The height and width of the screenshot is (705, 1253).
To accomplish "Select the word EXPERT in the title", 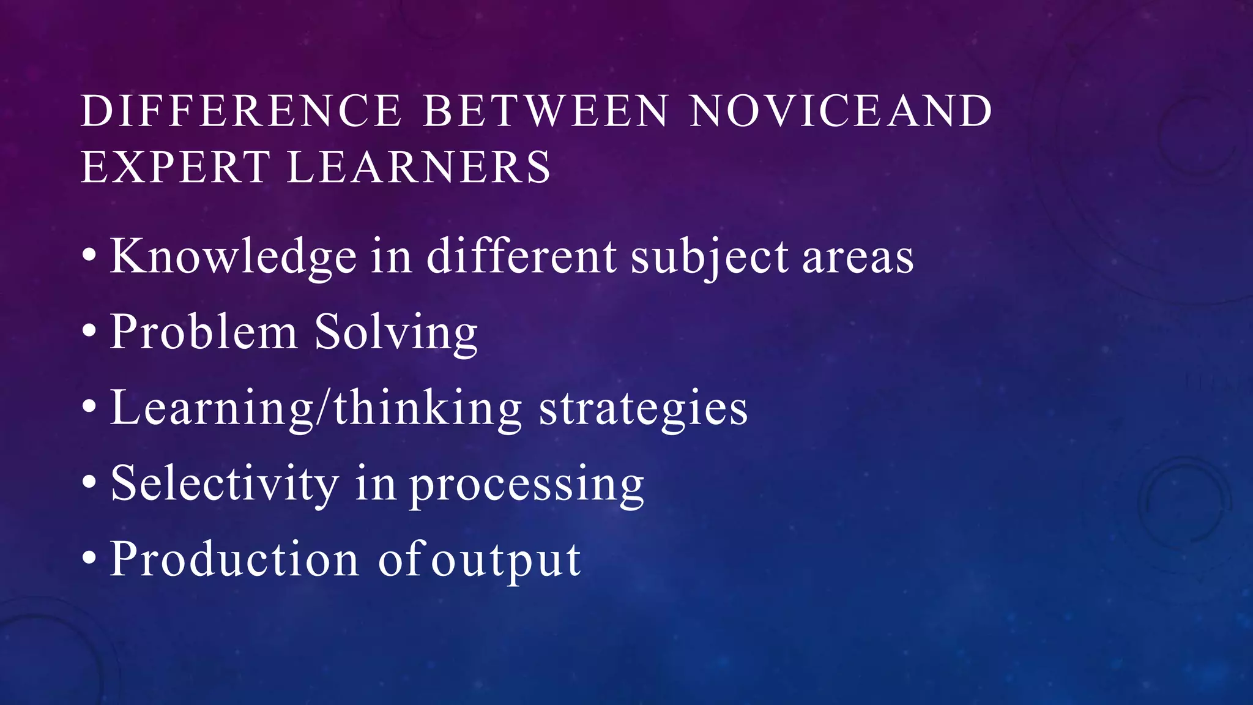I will pos(175,167).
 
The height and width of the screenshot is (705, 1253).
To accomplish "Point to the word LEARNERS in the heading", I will pos(419,167).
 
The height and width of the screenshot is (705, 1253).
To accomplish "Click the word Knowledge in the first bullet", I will pos(233,257).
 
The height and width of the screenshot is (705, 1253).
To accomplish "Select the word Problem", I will pos(204,332).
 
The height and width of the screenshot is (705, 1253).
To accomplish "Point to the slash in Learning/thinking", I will pos(324,408).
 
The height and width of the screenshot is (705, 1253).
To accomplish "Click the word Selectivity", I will pos(225,484).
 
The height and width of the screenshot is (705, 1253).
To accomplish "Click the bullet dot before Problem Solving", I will pos(89,331).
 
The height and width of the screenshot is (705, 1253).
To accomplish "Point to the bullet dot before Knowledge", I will pos(89,255).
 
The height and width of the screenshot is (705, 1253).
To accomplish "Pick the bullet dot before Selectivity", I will pos(89,482).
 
